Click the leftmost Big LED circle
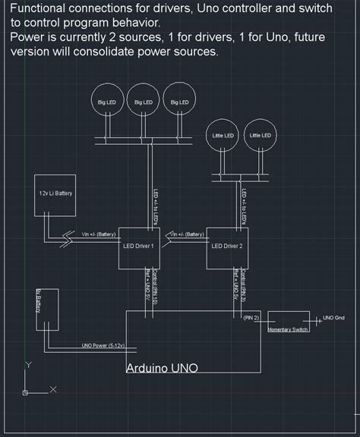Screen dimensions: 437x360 point(106,102)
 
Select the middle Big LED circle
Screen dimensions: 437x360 point(143,102)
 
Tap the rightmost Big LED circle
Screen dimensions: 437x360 point(179,102)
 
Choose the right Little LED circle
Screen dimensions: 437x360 point(261,136)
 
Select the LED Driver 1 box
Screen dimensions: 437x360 point(139,247)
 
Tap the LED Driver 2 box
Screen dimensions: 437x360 point(228,247)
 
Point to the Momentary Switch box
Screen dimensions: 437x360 point(289,322)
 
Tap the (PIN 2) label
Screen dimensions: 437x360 point(251,317)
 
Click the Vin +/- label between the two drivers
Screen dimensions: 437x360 point(185,234)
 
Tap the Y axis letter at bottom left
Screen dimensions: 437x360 point(28,365)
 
